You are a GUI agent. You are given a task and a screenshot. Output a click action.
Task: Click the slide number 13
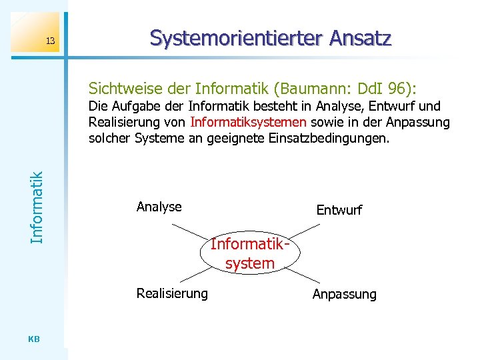point(50,43)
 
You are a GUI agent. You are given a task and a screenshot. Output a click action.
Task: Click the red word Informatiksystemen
point(249,122)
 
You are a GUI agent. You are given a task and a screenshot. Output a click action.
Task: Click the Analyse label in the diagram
point(159,207)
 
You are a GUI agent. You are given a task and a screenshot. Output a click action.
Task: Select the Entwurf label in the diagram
point(339,211)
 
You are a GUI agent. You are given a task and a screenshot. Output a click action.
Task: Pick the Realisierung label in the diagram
point(172,293)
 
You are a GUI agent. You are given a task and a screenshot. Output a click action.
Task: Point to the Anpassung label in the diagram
point(344,294)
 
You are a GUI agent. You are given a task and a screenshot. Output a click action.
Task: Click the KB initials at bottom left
point(35,339)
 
